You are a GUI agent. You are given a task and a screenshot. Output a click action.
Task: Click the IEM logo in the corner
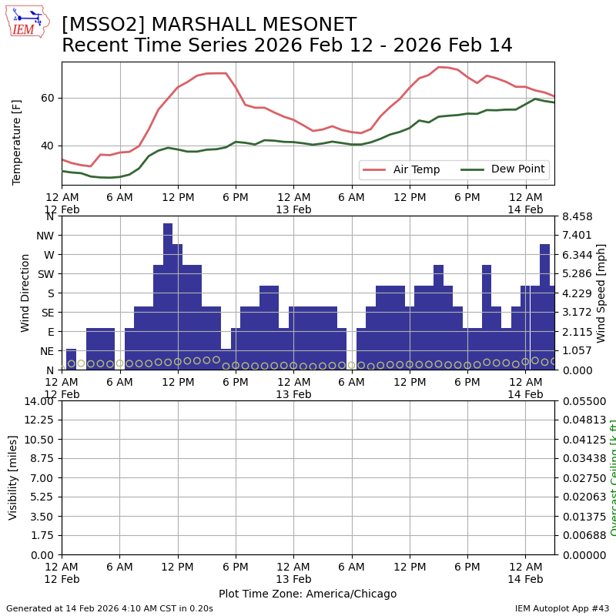pos(27,22)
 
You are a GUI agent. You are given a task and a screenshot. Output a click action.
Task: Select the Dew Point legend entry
pos(517,169)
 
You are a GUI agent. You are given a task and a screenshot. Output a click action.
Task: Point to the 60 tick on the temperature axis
pos(48,98)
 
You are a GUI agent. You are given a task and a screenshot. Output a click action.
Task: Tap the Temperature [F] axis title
pos(18,142)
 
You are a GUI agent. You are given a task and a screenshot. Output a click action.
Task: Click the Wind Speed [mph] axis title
pos(601,293)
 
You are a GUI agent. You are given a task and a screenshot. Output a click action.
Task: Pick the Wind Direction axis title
pos(25,293)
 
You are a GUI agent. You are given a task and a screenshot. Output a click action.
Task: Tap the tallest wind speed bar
pos(168,296)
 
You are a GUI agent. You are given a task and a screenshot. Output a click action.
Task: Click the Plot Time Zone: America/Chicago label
pos(307,594)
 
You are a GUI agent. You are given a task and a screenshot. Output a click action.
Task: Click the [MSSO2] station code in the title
pos(94,25)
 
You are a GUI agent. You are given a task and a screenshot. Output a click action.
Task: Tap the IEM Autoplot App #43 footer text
pos(561,608)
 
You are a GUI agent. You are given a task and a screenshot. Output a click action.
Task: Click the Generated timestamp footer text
pos(109,608)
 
